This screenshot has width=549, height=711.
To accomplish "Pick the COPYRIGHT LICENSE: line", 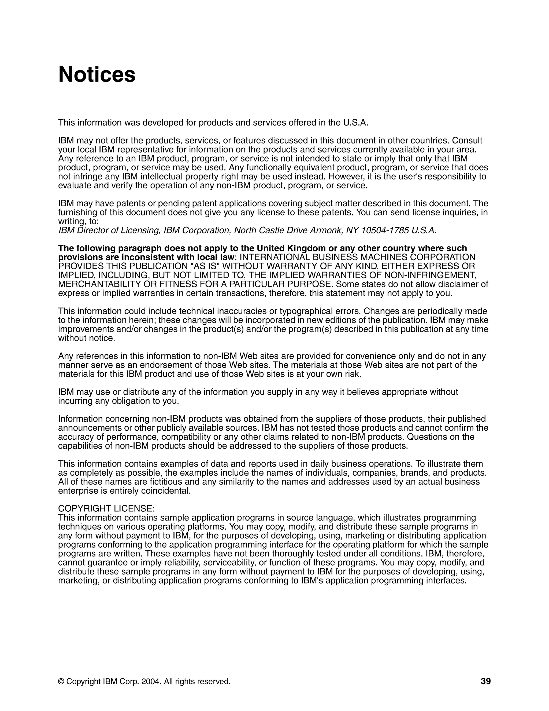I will (x=106, y=508).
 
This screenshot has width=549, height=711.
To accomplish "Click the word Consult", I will (x=467, y=141).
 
